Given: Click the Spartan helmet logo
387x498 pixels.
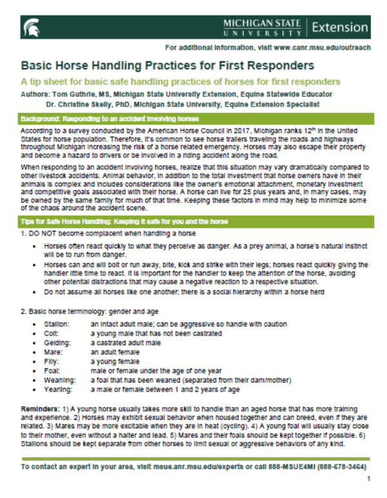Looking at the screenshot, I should pyautogui.click(x=29, y=27).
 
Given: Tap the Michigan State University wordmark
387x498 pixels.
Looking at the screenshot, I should pyautogui.click(x=262, y=27).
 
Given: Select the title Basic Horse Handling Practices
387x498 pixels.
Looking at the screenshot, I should pyautogui.click(x=167, y=66).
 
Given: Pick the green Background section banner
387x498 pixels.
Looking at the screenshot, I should pyautogui.click(x=193, y=119).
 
